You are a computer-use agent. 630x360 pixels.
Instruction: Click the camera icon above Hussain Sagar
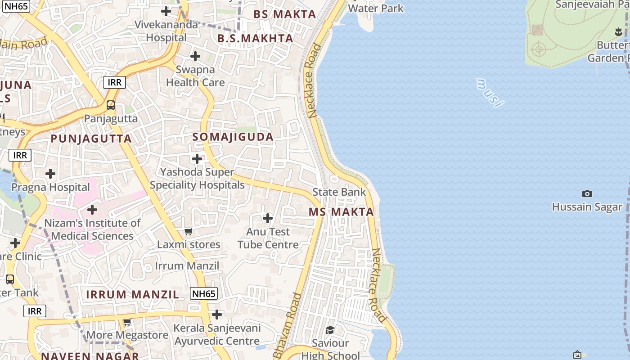(587, 193)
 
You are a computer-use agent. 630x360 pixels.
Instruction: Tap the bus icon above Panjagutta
(111, 105)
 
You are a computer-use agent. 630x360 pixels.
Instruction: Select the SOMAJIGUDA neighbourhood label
(233, 137)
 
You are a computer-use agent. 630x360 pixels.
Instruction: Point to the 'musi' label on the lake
(489, 93)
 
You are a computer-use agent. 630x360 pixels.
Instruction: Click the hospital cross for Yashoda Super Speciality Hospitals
(197, 159)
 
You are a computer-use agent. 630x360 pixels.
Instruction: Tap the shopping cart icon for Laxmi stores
(189, 232)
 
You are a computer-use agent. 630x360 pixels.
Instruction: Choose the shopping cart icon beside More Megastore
(127, 322)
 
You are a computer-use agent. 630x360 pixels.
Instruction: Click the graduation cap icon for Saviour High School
(330, 330)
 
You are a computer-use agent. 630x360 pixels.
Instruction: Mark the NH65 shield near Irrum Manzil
(204, 294)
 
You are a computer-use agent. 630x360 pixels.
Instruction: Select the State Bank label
(339, 192)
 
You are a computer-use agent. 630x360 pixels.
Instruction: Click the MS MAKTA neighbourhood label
(341, 212)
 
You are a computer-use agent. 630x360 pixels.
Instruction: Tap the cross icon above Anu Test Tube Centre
(268, 219)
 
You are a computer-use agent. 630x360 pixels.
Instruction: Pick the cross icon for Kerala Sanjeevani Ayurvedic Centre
(217, 314)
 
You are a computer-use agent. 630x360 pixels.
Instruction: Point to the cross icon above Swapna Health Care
(195, 56)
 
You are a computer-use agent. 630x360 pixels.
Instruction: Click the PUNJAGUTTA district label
(91, 139)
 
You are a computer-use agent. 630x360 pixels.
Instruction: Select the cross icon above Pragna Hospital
(50, 174)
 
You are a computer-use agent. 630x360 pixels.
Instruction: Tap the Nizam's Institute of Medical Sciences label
(92, 229)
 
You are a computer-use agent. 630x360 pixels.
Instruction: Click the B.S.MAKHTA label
(255, 39)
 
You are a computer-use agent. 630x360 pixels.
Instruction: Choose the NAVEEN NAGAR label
(90, 356)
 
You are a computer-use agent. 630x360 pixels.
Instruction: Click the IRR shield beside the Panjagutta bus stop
(114, 82)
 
